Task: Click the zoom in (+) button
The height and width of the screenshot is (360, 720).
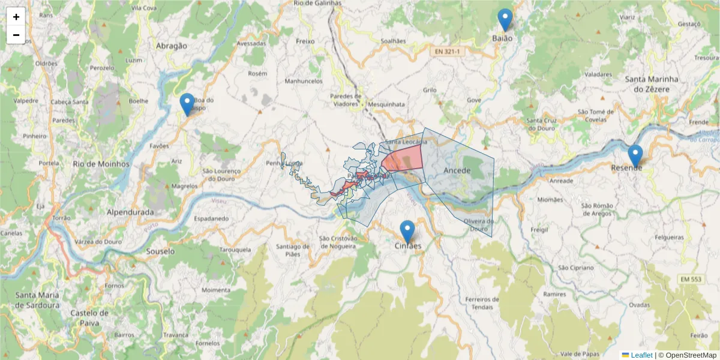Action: pyautogui.click(x=16, y=17)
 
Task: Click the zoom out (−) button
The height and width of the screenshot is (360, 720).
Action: pyautogui.click(x=16, y=35)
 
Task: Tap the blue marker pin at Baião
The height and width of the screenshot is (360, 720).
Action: pyautogui.click(x=506, y=20)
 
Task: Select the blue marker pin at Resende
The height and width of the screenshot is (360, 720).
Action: pyautogui.click(x=635, y=156)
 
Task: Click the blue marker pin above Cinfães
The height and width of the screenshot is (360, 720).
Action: pyautogui.click(x=407, y=232)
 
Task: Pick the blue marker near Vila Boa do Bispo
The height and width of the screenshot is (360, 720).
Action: pyautogui.click(x=187, y=104)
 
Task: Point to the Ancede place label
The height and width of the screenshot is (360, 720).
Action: pyautogui.click(x=457, y=171)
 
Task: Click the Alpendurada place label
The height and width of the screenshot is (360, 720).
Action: pyautogui.click(x=130, y=212)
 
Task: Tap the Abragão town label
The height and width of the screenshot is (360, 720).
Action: pyautogui.click(x=172, y=46)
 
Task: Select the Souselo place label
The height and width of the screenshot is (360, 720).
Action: pyautogui.click(x=160, y=251)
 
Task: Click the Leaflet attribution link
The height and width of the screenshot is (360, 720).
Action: pyautogui.click(x=641, y=355)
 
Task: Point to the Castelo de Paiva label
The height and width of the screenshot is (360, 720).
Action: pyautogui.click(x=89, y=317)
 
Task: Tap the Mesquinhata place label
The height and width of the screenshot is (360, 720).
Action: pyautogui.click(x=386, y=104)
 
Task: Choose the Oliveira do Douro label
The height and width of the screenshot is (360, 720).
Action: pyautogui.click(x=478, y=224)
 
